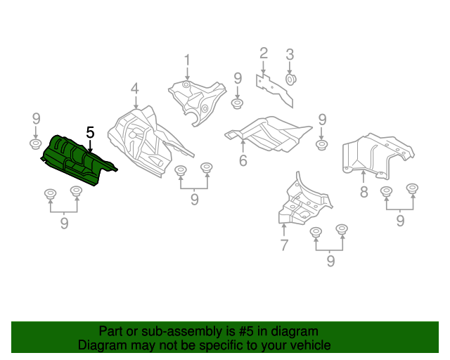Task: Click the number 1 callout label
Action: tap(187, 59)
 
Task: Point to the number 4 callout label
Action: tap(134, 89)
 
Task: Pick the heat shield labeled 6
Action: tap(267, 134)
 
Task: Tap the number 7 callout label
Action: tap(284, 245)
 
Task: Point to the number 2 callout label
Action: tap(264, 53)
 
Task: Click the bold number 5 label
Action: tap(89, 132)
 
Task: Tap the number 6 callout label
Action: tap(243, 160)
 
